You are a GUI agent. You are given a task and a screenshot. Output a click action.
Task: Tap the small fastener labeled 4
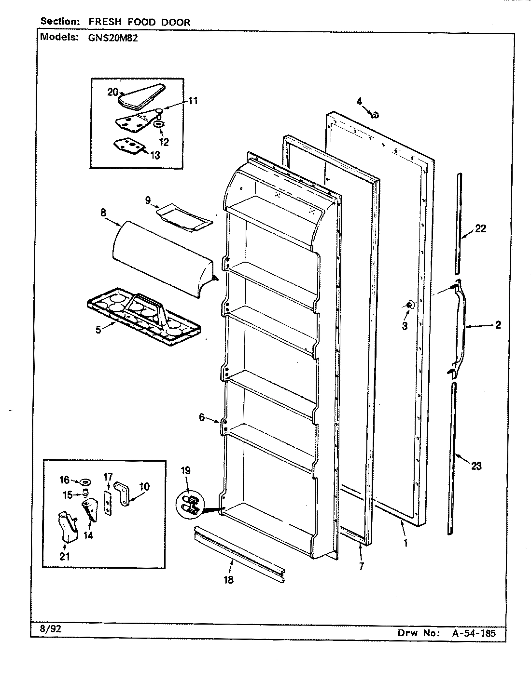(375, 114)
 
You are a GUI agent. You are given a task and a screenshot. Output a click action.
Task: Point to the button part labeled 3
(409, 305)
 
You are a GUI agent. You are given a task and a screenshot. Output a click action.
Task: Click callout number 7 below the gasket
(361, 566)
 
